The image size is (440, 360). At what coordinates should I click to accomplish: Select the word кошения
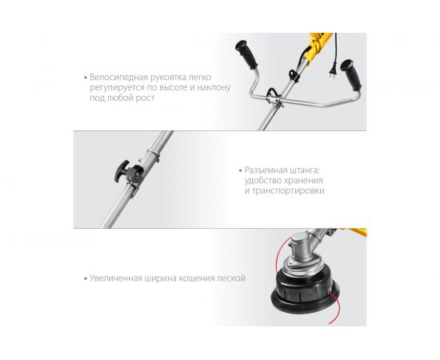[x=194, y=278]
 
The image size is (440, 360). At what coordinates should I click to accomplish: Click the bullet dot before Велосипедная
[x=85, y=78]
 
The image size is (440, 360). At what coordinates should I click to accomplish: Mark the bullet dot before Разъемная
[x=239, y=171]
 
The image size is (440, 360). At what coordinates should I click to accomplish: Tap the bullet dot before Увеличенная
[x=85, y=279]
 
